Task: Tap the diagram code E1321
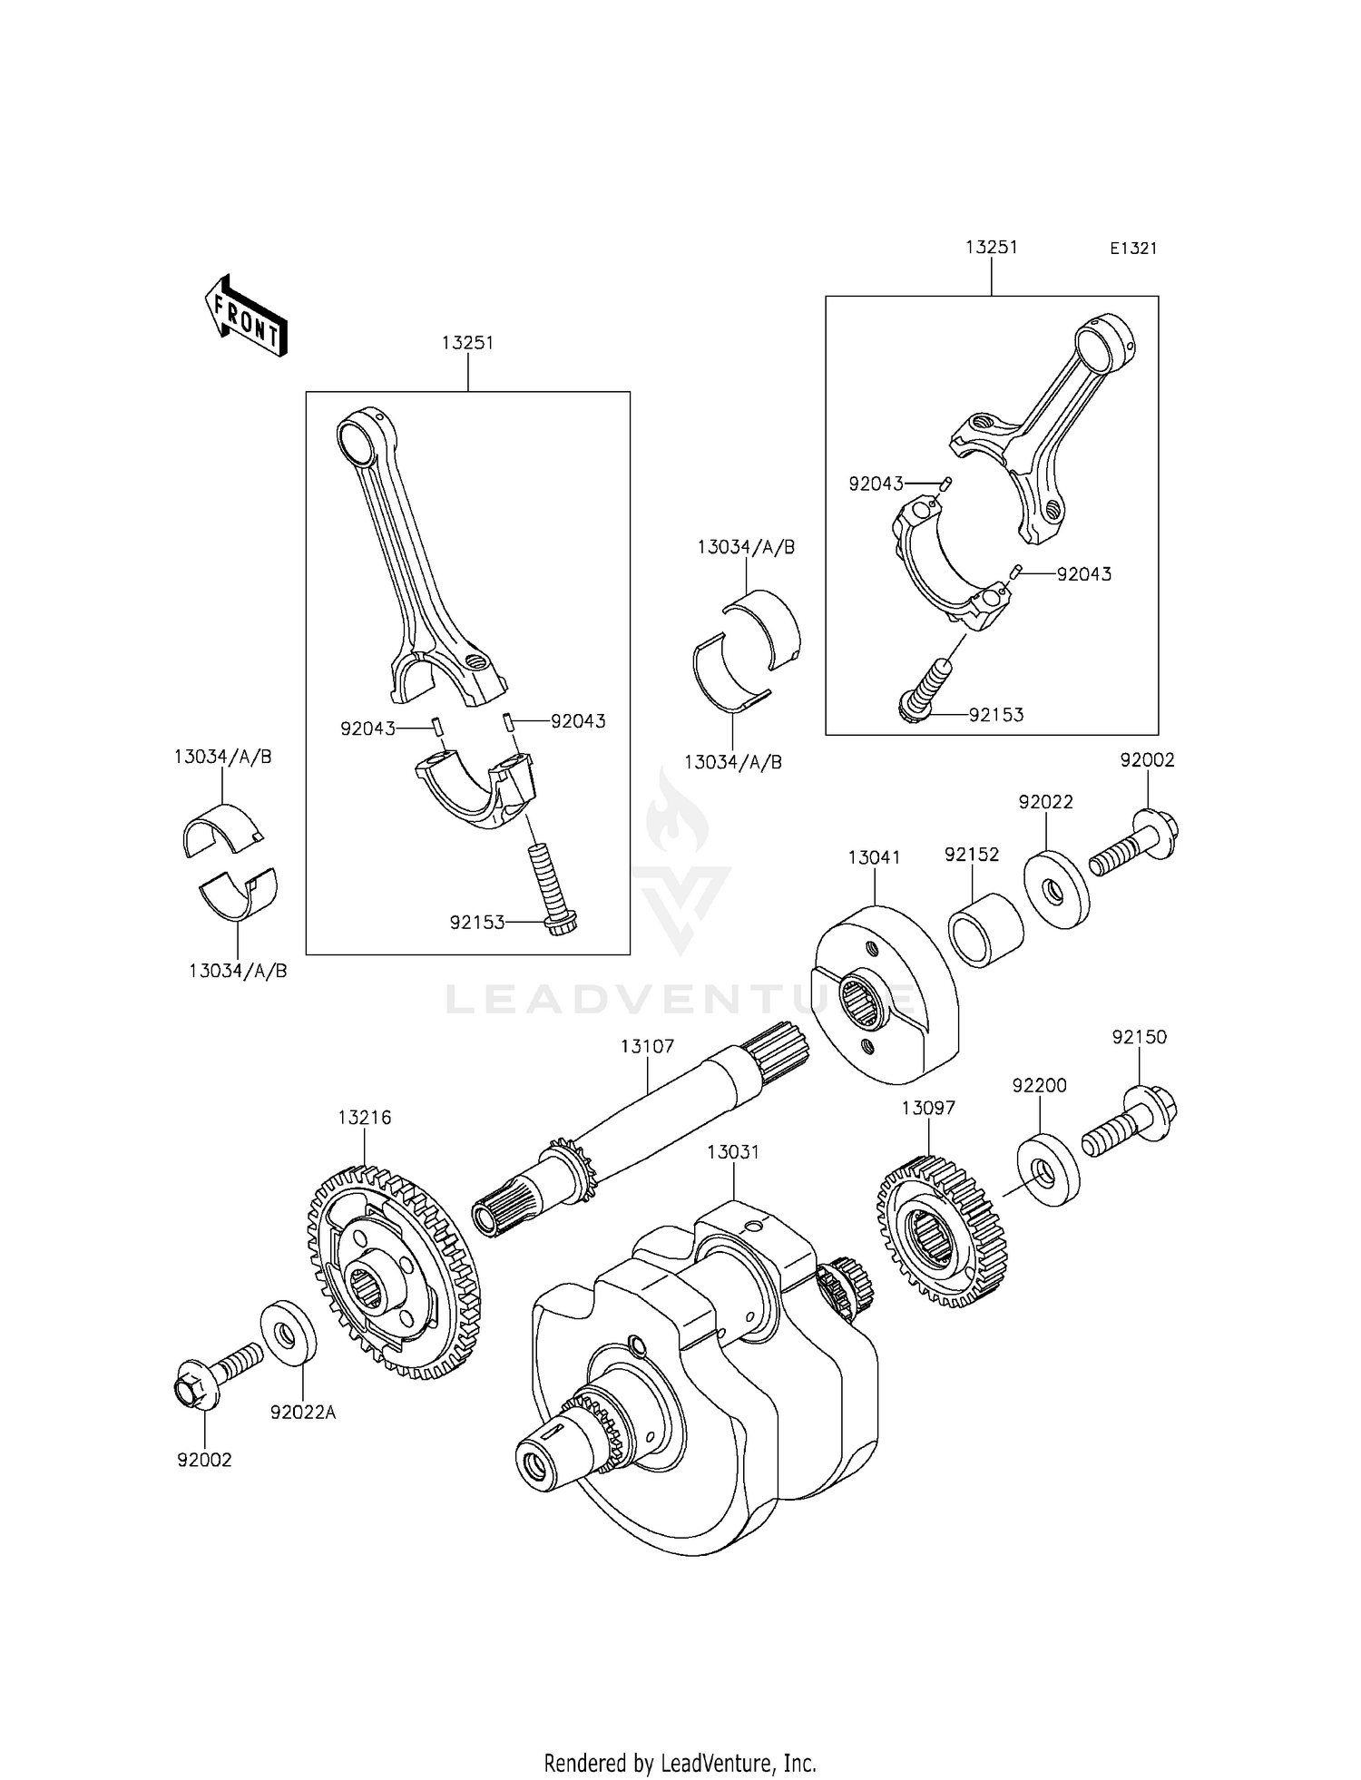coord(1133,249)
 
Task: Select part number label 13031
coord(733,1151)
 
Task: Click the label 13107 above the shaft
coord(647,1046)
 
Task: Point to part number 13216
coord(365,1118)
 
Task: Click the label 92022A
coord(302,1413)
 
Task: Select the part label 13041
coord(874,857)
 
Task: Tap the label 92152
coord(971,855)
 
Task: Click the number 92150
coord(1140,1037)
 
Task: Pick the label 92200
coord(1040,1086)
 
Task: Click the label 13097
coord(928,1108)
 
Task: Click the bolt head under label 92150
coord(1152,1109)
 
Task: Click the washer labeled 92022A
coord(289,1333)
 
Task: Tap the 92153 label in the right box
coord(995,715)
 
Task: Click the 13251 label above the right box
coord(992,247)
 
